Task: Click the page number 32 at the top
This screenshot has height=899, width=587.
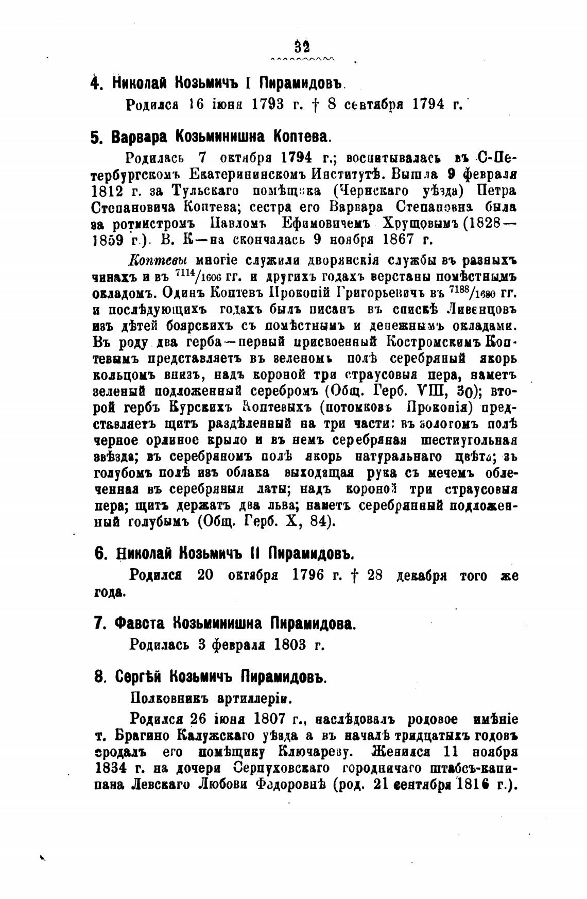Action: pos(302,47)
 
